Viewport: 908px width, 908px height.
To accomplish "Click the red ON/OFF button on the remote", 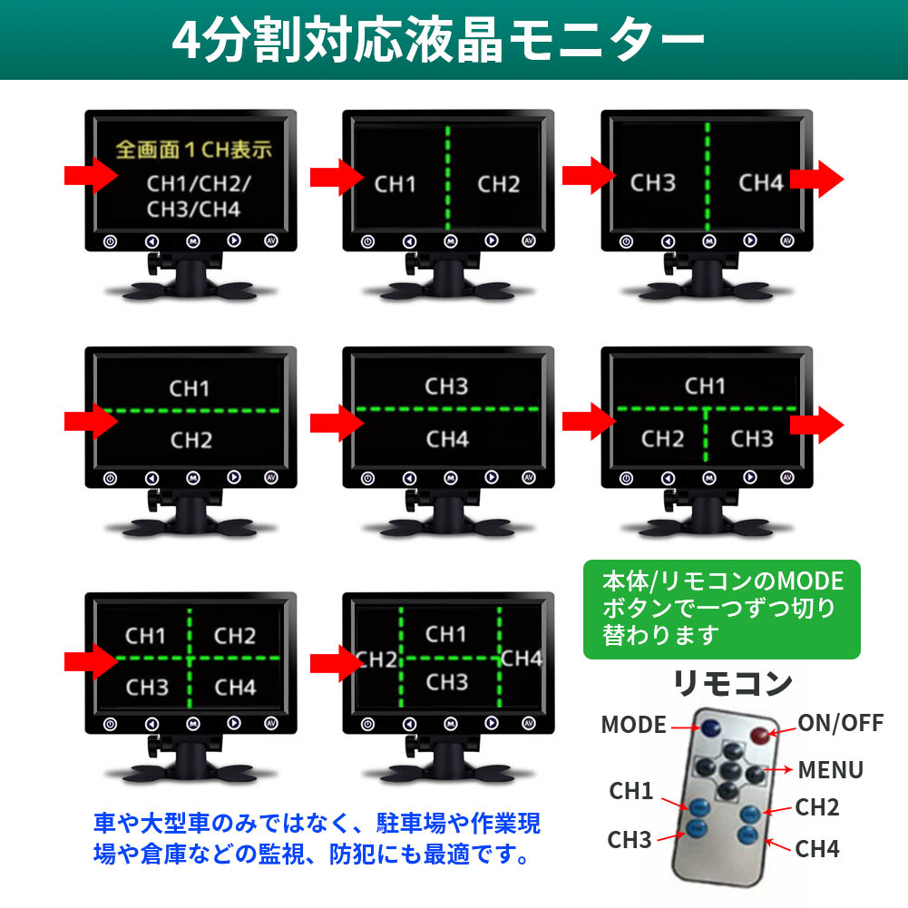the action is coord(759,735).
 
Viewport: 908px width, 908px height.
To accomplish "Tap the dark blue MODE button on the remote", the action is coord(710,727).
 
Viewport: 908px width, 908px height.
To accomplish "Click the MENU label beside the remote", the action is coord(830,770).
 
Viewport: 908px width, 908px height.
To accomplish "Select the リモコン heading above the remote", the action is coord(733,683).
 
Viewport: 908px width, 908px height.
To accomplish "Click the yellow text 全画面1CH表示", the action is coord(193,150).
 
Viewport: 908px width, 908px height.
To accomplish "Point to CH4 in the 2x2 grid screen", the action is coord(235,688).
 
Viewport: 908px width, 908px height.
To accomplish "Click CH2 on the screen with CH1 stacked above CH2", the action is coord(191,440).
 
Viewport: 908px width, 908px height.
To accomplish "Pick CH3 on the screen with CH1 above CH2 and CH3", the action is coord(752,439).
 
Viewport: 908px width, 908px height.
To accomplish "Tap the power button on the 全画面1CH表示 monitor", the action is coord(110,242).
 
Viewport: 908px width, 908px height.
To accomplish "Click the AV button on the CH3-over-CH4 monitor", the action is coord(528,478).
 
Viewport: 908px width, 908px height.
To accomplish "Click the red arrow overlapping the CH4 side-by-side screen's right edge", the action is coord(816,179).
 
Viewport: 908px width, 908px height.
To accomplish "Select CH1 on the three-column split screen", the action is coord(445,634).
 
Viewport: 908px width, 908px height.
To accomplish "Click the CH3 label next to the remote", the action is coord(630,840).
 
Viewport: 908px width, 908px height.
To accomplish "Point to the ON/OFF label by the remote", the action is coord(841,723).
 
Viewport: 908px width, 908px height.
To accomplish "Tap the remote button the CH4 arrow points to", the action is coord(747,835).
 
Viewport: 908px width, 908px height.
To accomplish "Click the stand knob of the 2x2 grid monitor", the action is coord(153,747).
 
